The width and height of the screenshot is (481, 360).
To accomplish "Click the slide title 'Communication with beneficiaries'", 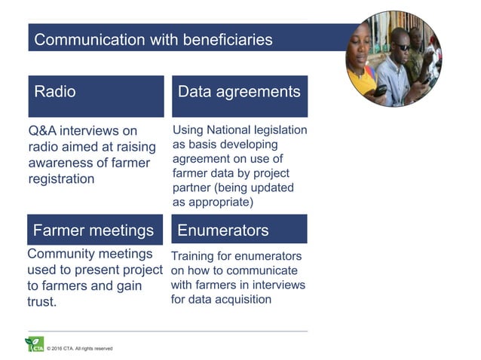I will coord(154,39).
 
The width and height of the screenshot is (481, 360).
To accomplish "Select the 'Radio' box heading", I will coord(55,92).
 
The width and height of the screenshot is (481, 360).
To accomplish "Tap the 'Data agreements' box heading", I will coord(239,92).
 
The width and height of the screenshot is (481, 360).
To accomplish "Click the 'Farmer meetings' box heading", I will coord(93,230).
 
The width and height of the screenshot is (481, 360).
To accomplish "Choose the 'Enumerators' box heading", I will coord(222,230).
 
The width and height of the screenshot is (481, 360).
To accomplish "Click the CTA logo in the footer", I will coord(35,345).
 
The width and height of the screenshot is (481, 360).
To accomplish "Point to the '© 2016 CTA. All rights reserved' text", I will coord(80,349).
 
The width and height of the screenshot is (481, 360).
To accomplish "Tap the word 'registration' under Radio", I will coord(61,179).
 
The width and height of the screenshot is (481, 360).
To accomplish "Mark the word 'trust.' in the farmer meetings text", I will coord(42,302).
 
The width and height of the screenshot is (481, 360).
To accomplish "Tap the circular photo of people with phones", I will coord(394,59).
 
